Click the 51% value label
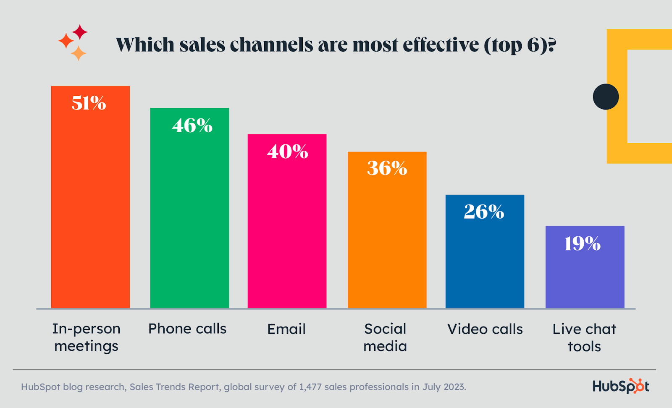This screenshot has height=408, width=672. pyautogui.click(x=89, y=103)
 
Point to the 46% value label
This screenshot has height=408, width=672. pyautogui.click(x=192, y=126)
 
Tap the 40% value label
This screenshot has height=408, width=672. pyautogui.click(x=287, y=152)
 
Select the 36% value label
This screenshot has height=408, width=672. pyautogui.click(x=387, y=168)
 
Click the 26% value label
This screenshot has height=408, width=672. pyautogui.click(x=484, y=212)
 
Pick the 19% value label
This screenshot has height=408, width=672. pyautogui.click(x=582, y=244)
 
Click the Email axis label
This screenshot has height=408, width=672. pyautogui.click(x=286, y=329)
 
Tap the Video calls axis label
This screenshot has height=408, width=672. pyautogui.click(x=485, y=329)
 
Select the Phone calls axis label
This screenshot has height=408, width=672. pyautogui.click(x=187, y=329)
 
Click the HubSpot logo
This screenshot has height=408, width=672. pyautogui.click(x=621, y=386)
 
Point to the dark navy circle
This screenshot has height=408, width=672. pyautogui.click(x=606, y=97)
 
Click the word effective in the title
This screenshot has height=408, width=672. pyautogui.click(x=441, y=45)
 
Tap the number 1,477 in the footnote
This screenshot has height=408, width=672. pyautogui.click(x=310, y=387)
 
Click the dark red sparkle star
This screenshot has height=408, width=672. pyautogui.click(x=80, y=32)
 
